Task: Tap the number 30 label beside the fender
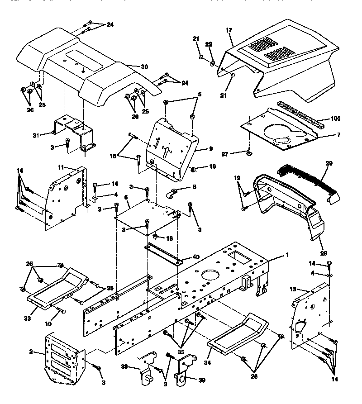[144, 67]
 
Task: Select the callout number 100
[335, 119]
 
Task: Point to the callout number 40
[195, 257]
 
